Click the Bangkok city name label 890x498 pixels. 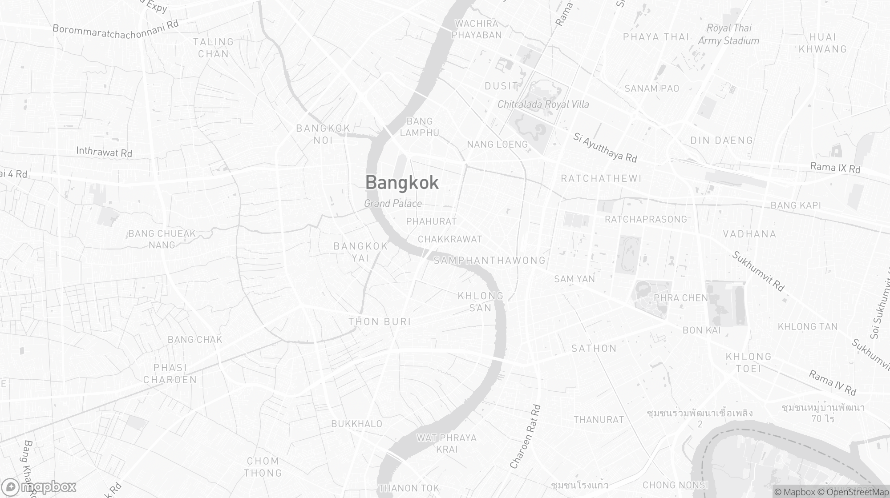(402, 183)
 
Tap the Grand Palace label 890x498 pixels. (393, 204)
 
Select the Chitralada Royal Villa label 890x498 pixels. (543, 104)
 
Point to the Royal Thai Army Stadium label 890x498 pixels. (728, 34)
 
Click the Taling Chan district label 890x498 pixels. (214, 48)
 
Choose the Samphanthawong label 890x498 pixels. (489, 261)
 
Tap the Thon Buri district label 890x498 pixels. (380, 321)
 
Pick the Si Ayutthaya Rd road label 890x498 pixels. (605, 148)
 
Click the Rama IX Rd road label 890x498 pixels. (835, 168)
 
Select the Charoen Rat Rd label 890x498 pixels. (526, 437)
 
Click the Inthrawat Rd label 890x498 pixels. (104, 152)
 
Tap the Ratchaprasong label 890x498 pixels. (646, 219)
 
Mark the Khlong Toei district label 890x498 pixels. (748, 362)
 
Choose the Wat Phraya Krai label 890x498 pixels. (446, 443)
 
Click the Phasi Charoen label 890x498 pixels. (170, 373)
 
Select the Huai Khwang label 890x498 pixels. (823, 43)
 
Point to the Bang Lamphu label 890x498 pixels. (419, 127)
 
